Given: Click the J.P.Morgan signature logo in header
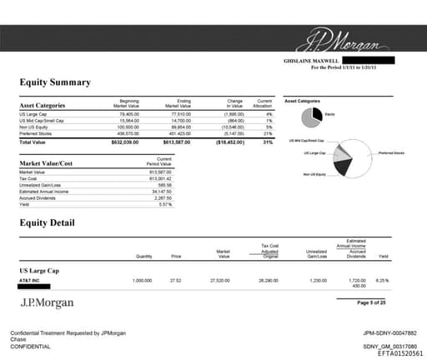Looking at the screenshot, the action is click(x=342, y=40).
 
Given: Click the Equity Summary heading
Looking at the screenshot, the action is click(x=55, y=82).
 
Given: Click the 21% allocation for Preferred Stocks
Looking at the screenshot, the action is click(x=269, y=132).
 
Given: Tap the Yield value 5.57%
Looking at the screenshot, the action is click(x=164, y=204).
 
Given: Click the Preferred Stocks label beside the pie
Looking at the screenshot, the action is click(x=390, y=153).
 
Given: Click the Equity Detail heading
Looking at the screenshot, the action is click(x=47, y=222).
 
